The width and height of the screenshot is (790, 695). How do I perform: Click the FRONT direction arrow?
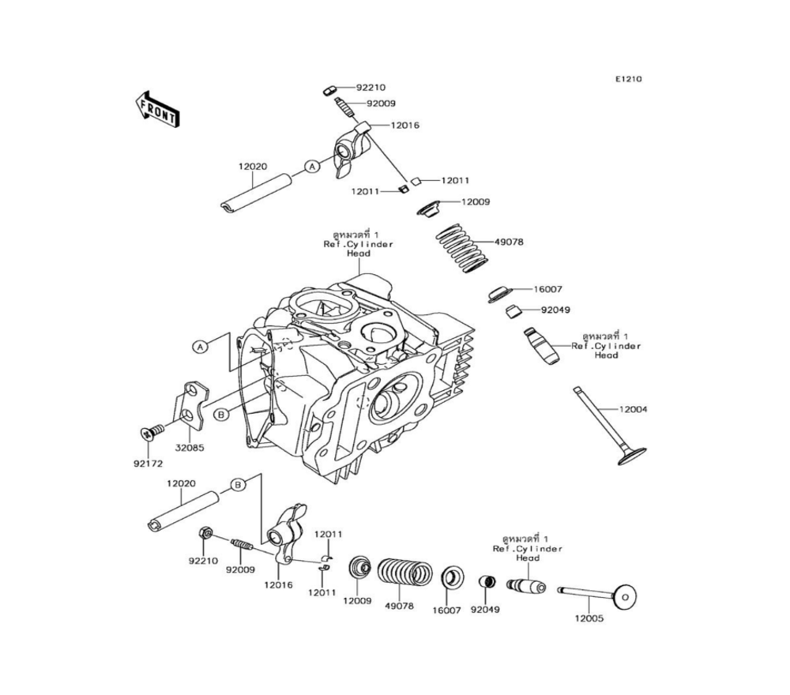[157, 108]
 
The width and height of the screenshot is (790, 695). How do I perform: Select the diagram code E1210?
[630, 79]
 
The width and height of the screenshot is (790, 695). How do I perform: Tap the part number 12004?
[633, 409]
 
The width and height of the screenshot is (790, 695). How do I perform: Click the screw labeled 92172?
[152, 430]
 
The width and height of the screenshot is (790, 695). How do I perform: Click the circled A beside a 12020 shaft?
[312, 167]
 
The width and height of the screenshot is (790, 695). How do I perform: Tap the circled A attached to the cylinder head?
[201, 346]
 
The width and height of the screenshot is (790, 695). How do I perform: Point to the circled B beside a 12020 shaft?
[236, 483]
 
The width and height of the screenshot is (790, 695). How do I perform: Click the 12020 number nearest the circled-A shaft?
[253, 167]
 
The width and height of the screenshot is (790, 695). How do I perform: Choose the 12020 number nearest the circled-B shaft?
[182, 483]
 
